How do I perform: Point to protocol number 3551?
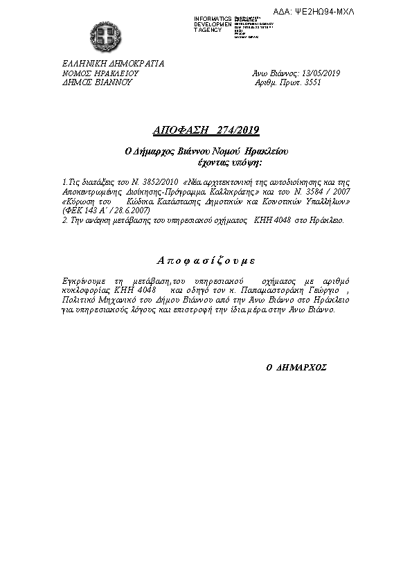tap(313, 82)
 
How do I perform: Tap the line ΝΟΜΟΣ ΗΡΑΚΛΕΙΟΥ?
tap(101, 73)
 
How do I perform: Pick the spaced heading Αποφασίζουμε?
tap(206, 260)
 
